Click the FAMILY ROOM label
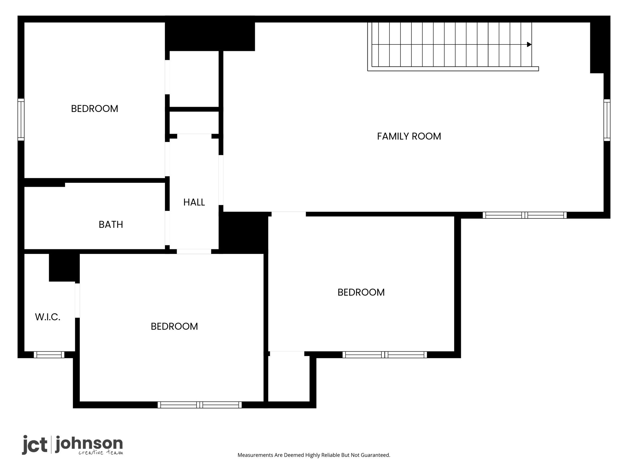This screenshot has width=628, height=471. pyautogui.click(x=409, y=136)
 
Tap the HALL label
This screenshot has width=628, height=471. pyautogui.click(x=194, y=202)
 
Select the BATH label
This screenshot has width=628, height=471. pyautogui.click(x=111, y=225)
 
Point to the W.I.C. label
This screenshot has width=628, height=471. pyautogui.click(x=48, y=317)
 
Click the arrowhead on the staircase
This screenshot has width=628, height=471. pyautogui.click(x=529, y=44)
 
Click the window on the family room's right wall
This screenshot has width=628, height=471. pyautogui.click(x=607, y=120)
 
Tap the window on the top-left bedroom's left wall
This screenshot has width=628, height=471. pyautogui.click(x=21, y=119)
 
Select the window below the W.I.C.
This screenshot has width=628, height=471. pyautogui.click(x=49, y=355)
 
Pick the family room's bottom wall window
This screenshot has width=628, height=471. pyautogui.click(x=525, y=215)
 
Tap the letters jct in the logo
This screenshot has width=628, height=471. pyautogui.click(x=35, y=445)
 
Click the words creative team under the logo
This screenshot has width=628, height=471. pyautogui.click(x=101, y=453)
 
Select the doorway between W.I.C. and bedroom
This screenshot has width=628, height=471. pyautogui.click(x=77, y=301)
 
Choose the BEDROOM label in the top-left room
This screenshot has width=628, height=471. pyautogui.click(x=94, y=109)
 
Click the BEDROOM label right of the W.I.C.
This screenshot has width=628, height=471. pyautogui.click(x=174, y=327)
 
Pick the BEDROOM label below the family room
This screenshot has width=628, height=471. pyautogui.click(x=361, y=293)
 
